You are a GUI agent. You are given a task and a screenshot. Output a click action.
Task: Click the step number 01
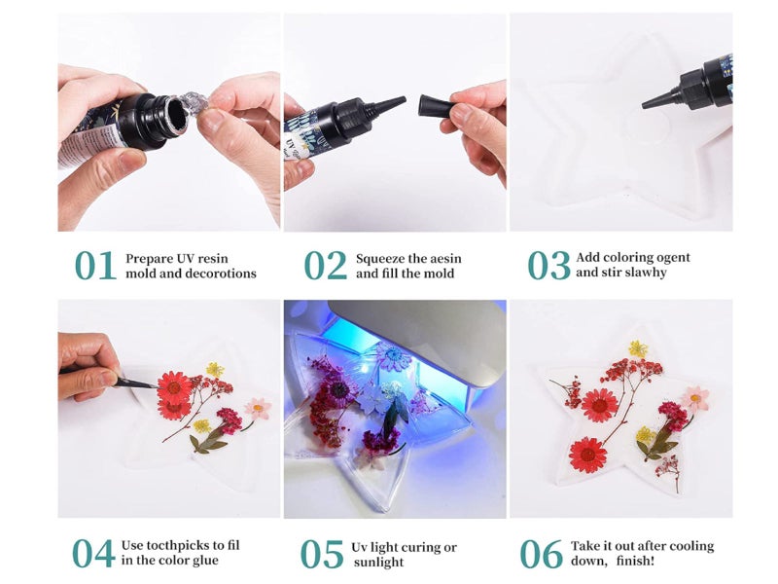point(95,265)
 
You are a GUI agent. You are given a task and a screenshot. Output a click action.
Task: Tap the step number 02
point(325,265)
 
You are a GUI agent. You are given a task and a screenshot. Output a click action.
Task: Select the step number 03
point(548,265)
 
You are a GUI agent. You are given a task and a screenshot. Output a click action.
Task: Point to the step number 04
point(93,552)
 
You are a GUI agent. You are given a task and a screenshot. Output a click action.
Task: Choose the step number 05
point(322,554)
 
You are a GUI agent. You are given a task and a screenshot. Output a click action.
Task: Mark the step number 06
point(541,553)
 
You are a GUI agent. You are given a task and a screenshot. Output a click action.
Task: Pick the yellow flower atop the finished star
point(637,347)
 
